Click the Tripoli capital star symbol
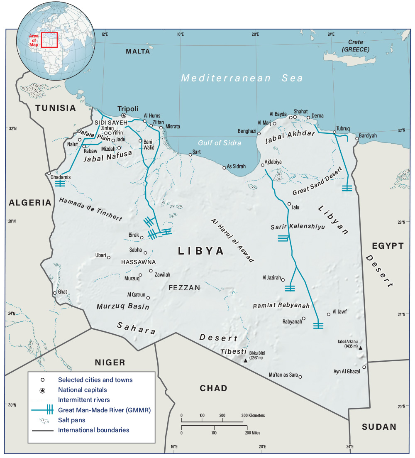[x=123, y=115]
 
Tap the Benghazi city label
[x=247, y=131]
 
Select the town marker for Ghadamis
[x=49, y=174]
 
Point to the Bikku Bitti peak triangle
[x=245, y=360]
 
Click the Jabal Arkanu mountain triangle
[x=360, y=348]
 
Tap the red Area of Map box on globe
[x=49, y=40]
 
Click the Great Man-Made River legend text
[x=104, y=410]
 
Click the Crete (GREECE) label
[x=355, y=45]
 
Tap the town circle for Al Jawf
[x=329, y=314]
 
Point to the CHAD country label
[x=213, y=388]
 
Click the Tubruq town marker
[x=334, y=132]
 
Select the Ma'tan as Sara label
[x=283, y=375]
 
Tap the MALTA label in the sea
[x=138, y=51]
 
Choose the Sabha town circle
[x=145, y=252]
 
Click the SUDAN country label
[x=379, y=426]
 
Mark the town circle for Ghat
[x=54, y=293]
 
